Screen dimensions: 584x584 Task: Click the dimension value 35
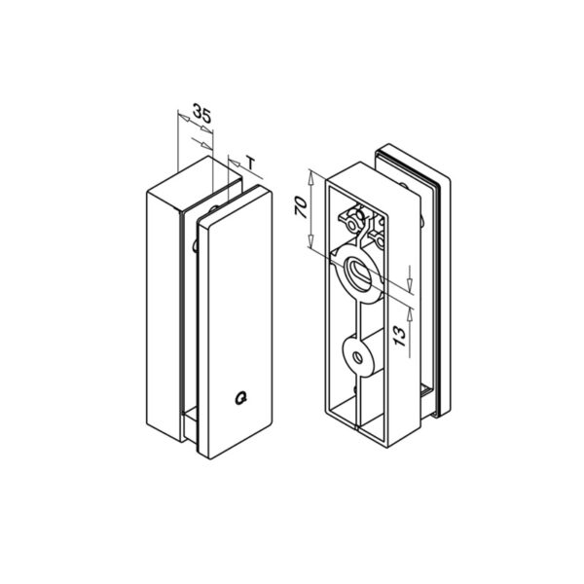(202, 114)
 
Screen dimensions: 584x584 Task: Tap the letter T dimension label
(252, 163)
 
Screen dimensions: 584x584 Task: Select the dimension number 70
(300, 206)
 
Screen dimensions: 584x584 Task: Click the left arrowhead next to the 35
(183, 122)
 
